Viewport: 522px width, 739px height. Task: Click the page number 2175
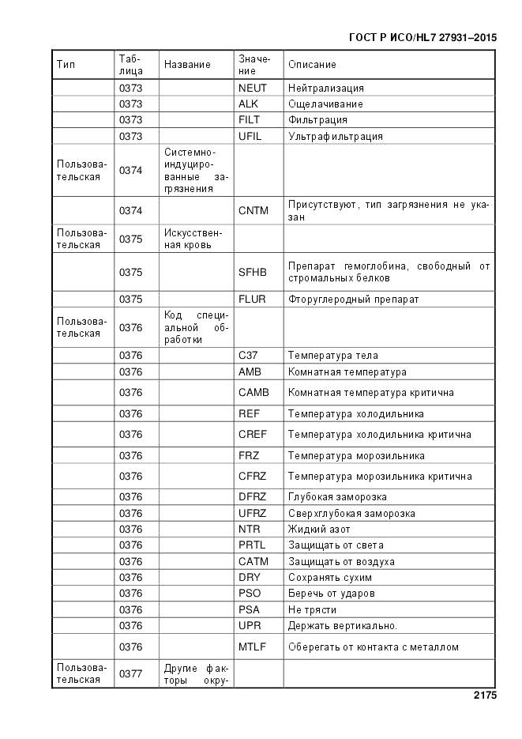click(x=484, y=696)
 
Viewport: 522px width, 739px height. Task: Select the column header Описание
click(x=312, y=65)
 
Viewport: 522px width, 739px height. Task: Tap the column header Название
click(x=187, y=65)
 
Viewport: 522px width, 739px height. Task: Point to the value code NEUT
click(x=253, y=89)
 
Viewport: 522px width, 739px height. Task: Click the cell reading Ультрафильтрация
click(x=335, y=137)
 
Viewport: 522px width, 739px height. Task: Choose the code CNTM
click(x=253, y=211)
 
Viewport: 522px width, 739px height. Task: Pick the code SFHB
click(x=253, y=273)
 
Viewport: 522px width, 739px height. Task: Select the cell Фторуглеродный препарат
click(x=353, y=300)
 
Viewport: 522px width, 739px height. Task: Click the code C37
click(x=248, y=356)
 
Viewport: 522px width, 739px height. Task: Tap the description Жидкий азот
click(x=319, y=530)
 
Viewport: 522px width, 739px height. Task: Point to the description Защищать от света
click(x=336, y=545)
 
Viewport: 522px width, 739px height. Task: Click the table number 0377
click(x=131, y=674)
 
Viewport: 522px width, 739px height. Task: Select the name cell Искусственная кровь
click(x=193, y=239)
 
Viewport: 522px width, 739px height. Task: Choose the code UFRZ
click(x=253, y=514)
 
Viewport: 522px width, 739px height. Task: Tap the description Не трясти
click(x=312, y=610)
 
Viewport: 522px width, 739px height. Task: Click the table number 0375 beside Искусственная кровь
click(x=131, y=239)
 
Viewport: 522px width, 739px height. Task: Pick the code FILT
click(x=250, y=120)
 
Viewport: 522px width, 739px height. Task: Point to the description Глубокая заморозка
click(x=337, y=497)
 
